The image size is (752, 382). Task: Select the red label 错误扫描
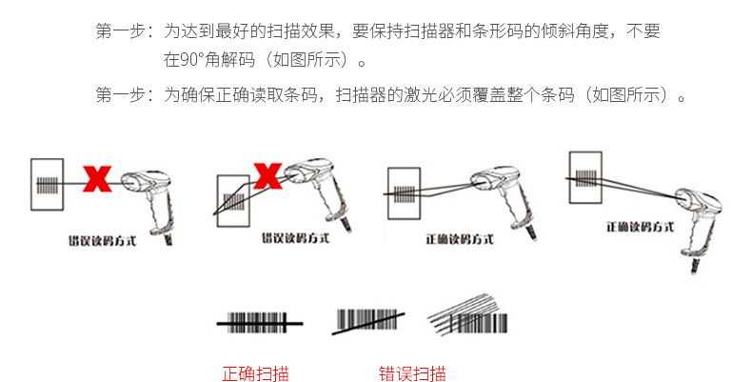411,372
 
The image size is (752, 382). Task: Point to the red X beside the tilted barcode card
268,174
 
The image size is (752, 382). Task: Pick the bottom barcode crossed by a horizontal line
260,324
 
